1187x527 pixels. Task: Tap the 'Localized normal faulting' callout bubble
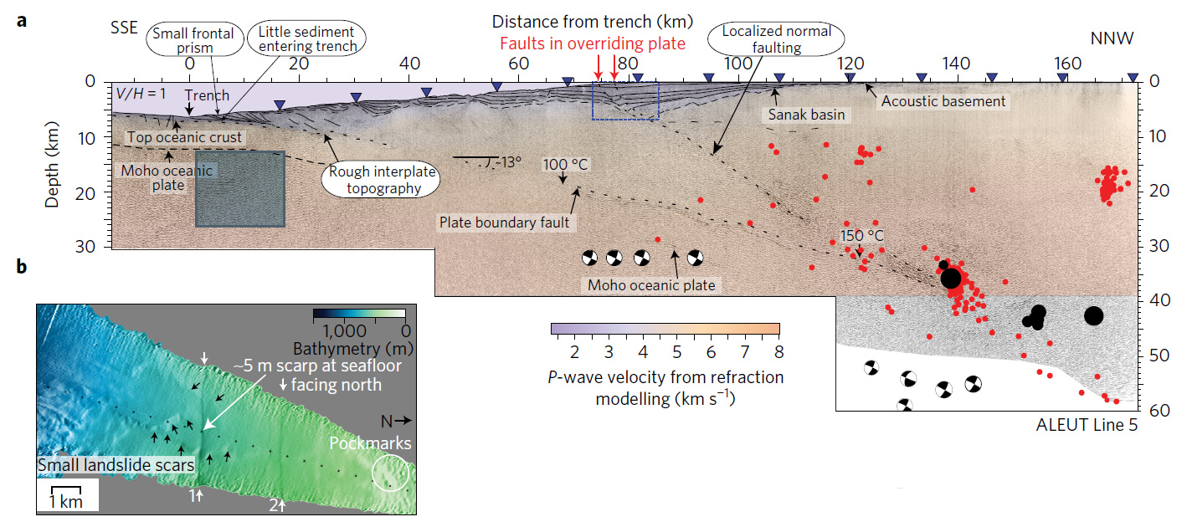777,38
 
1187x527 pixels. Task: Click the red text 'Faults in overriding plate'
593,44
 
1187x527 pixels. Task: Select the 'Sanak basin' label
806,115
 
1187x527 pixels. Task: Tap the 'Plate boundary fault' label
505,222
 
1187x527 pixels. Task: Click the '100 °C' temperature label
566,164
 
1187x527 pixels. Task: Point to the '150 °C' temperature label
862,236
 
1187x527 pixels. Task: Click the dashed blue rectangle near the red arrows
625,100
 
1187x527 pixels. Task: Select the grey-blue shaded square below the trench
240,188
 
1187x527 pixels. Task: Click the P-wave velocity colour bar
665,329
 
